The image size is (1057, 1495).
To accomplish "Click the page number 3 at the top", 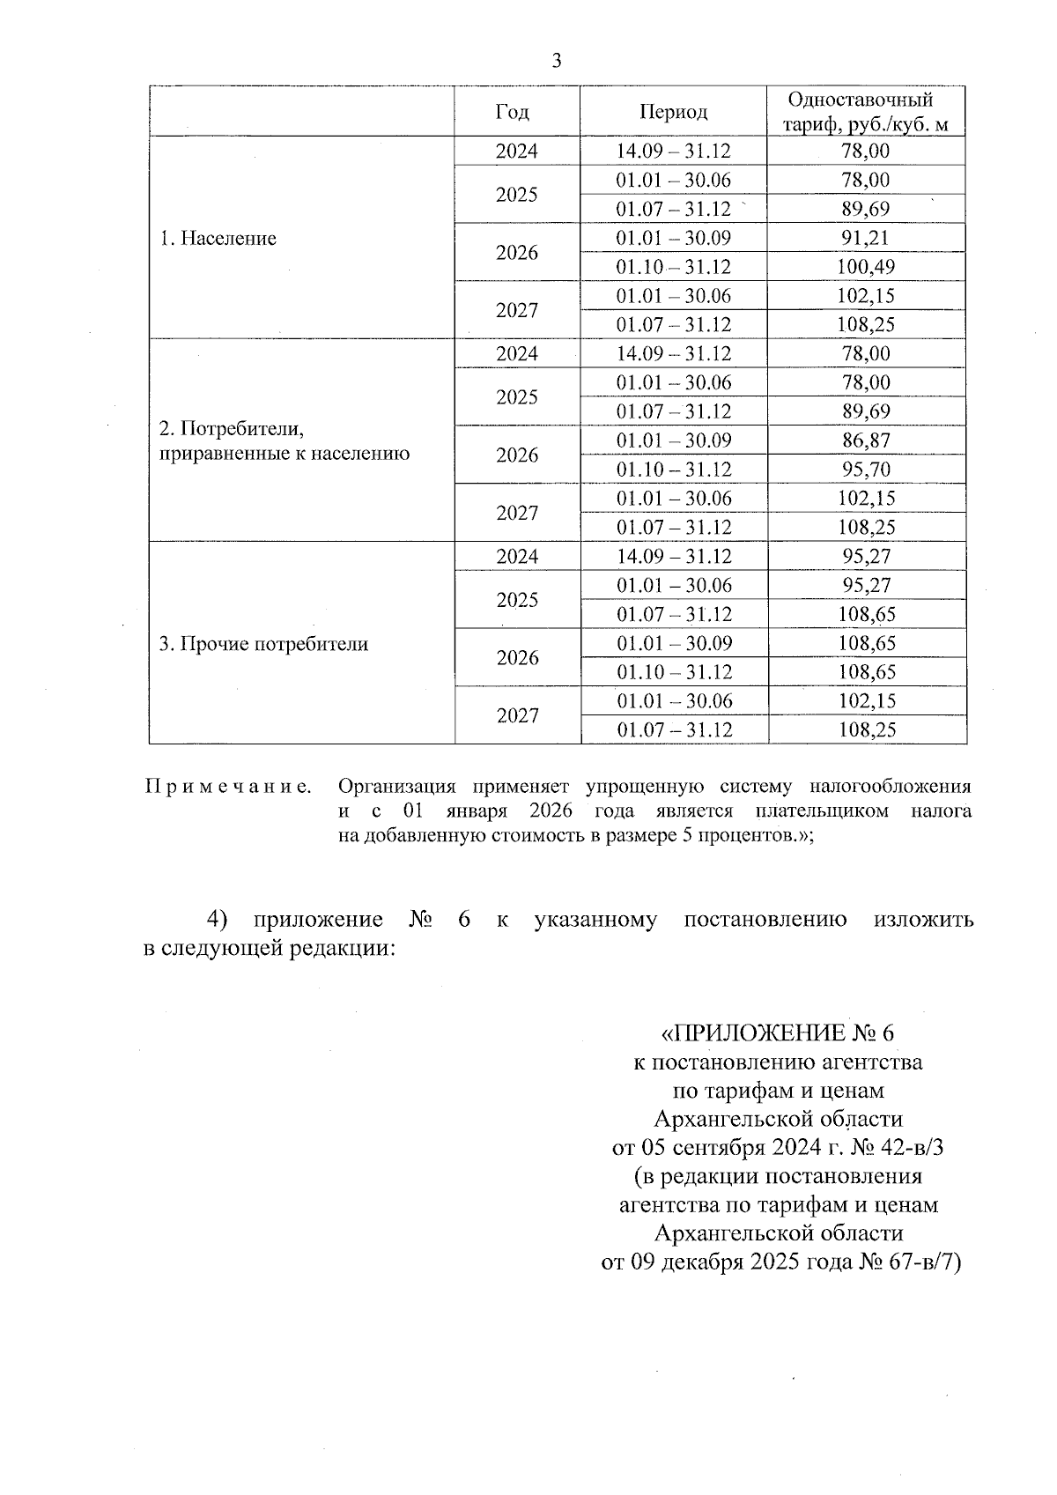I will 556,61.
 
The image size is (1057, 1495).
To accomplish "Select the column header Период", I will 673,112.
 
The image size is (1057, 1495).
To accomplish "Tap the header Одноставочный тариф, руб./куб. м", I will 866,112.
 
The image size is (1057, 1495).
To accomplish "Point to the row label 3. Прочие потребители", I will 263,644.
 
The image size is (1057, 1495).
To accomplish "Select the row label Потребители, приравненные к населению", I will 284,441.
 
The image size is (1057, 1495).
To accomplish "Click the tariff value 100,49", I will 865,267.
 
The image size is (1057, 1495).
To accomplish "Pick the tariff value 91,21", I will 865,238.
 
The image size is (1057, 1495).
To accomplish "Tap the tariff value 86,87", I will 865,440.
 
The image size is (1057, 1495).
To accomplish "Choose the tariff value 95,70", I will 865,470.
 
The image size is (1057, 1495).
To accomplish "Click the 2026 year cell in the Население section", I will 516,253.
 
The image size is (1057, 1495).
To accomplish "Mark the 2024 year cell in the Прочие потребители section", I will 516,557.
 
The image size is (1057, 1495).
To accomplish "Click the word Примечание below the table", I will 228,787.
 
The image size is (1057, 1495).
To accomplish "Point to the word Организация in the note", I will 396,787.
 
